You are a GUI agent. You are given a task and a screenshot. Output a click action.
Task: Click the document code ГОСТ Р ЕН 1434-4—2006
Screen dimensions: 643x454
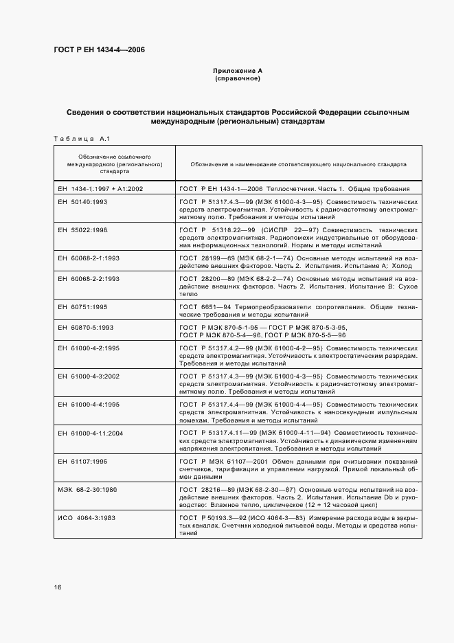tap(99, 49)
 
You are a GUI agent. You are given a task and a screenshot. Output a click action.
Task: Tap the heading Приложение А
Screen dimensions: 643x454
tap(238, 71)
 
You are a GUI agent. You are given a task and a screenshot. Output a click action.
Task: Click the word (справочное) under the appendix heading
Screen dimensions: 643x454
tap(238, 78)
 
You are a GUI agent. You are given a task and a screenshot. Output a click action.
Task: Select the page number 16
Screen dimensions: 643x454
tap(58, 587)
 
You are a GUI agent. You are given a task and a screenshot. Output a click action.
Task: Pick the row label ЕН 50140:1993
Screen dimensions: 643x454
tap(80, 202)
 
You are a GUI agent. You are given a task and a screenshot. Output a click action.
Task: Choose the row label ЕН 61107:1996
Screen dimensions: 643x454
tap(80, 461)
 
